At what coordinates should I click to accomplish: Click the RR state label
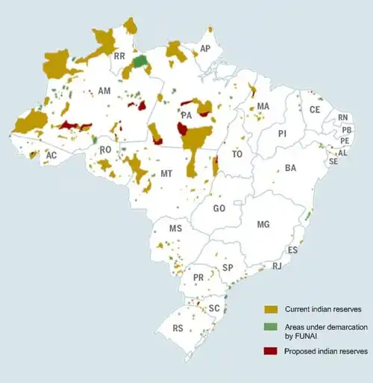point(119,56)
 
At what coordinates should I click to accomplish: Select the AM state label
point(104,90)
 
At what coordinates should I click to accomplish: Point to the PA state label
point(186,116)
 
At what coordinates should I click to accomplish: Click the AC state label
point(51,155)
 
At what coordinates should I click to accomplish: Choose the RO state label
point(105,150)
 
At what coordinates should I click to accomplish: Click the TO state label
point(237,155)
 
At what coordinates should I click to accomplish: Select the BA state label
point(291,169)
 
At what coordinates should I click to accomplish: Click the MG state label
point(263,224)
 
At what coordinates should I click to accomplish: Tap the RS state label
point(178,328)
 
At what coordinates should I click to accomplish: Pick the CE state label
point(315,110)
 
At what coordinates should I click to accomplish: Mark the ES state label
point(292,249)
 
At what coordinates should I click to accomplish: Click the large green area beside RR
point(139,60)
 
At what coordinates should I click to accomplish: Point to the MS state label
point(175,228)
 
